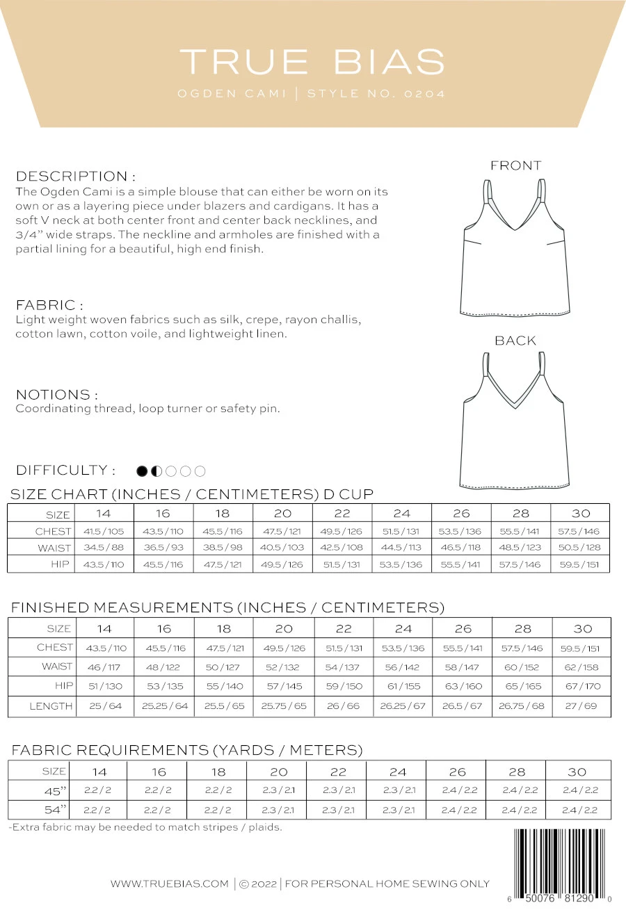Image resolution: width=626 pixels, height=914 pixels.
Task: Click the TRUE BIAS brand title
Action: (312, 62)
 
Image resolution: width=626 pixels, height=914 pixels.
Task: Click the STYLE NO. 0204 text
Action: (376, 94)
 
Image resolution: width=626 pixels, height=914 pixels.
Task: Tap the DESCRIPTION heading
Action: (75, 176)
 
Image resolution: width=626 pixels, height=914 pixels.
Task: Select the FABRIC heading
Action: (49, 304)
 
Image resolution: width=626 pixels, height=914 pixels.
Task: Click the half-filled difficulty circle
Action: (156, 471)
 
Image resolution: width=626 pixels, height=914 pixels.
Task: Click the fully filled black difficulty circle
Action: (142, 471)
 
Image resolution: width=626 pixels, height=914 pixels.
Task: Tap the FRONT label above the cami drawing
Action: (515, 165)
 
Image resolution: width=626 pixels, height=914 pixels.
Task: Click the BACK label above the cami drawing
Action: (515, 341)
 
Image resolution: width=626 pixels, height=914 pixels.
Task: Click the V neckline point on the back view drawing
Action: (515, 407)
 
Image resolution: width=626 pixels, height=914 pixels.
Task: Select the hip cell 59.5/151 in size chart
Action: (580, 564)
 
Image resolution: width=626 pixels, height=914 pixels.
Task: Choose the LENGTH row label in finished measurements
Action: (51, 706)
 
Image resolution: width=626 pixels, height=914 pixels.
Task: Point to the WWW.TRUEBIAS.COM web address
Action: (169, 884)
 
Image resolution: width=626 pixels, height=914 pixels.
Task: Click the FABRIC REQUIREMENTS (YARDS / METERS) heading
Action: (187, 750)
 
